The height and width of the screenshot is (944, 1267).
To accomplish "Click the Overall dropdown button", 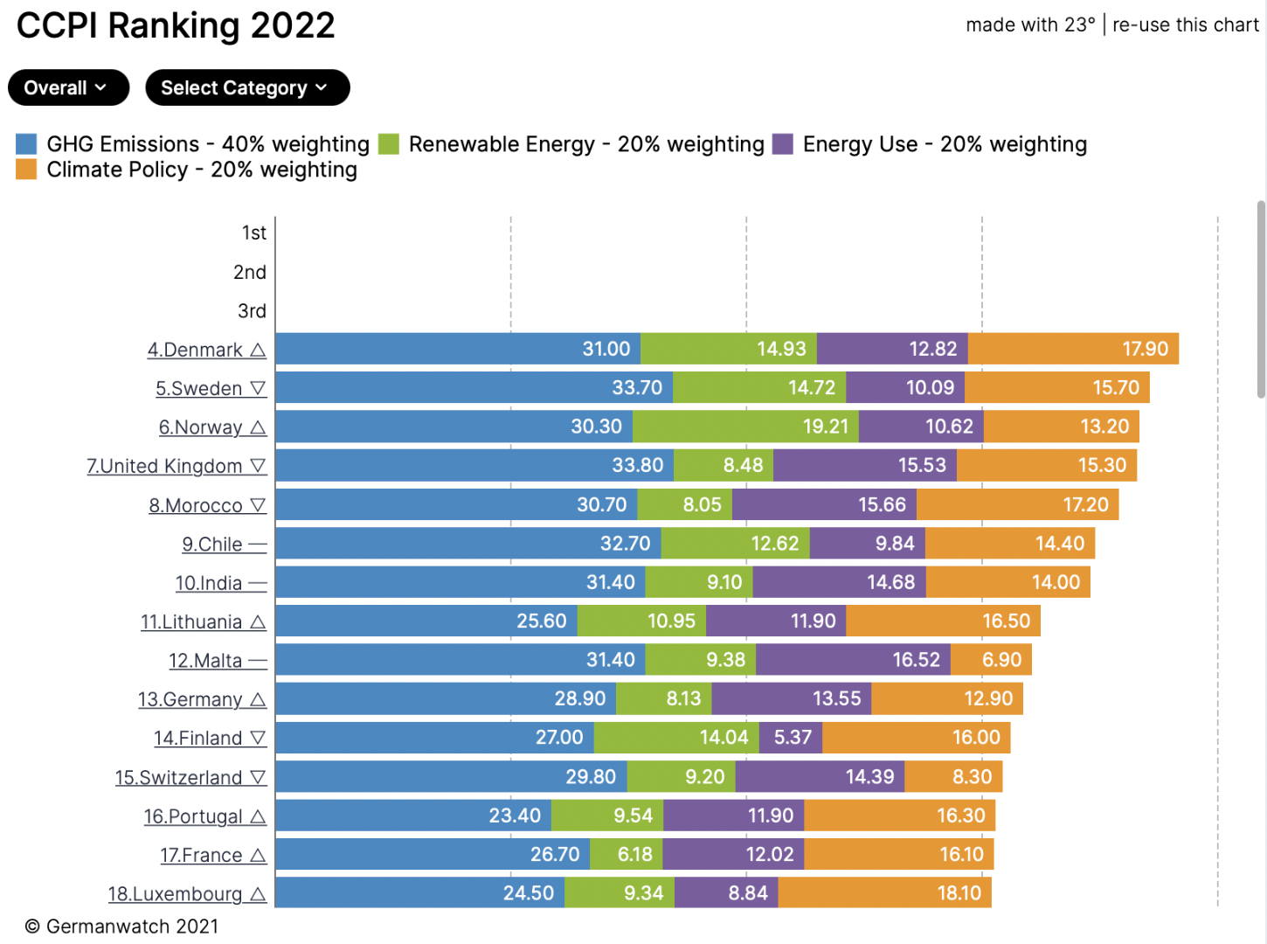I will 68,87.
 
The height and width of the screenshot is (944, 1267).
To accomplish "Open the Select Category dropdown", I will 247,87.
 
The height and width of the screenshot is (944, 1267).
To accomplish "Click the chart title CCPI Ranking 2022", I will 176,25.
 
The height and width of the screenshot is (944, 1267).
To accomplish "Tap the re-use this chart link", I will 1185,24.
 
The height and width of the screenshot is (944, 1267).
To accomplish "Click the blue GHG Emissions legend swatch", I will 26,144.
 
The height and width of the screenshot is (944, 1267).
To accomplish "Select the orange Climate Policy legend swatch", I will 26,170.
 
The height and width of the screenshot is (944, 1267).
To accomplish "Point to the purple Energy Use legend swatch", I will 783,144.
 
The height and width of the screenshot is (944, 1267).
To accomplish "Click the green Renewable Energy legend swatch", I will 389,144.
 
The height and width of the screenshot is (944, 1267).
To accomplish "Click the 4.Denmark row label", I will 195,350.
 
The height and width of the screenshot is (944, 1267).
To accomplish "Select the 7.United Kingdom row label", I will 164,466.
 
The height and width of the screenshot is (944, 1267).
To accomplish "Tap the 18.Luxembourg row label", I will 175,894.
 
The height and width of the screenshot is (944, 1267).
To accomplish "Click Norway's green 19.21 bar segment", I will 745,427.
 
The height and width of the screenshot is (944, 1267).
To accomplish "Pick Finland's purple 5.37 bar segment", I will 791,738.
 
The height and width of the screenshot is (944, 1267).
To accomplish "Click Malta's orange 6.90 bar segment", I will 991,660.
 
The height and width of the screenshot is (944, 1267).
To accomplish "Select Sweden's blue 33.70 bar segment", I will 474,387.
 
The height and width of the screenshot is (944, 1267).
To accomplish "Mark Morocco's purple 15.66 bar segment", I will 824,504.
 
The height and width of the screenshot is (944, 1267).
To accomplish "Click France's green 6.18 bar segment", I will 626,854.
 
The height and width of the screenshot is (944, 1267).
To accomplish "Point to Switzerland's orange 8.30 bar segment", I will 953,776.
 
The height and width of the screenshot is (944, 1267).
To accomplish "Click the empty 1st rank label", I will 253,233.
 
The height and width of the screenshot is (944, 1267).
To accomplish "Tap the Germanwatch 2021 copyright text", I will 121,927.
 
